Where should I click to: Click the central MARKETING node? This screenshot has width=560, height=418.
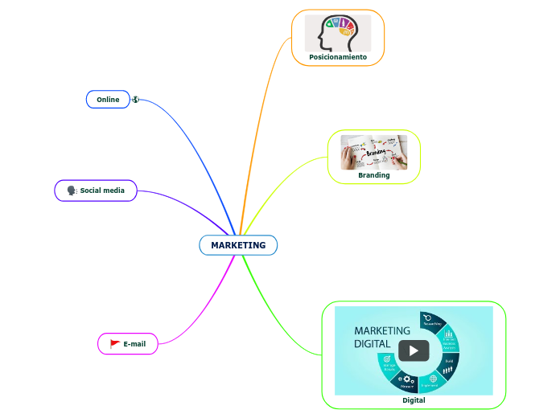pos(238,245)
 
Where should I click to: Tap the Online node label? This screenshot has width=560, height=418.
pos(108,100)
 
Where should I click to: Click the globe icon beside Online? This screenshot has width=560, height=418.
pos(136,100)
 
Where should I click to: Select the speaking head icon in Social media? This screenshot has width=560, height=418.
pos(72,191)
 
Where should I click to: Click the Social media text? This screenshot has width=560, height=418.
pos(102,191)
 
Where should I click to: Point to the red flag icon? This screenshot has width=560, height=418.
pos(114,344)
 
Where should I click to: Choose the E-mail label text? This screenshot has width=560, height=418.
pos(134,344)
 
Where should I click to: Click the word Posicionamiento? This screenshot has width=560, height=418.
pos(338,57)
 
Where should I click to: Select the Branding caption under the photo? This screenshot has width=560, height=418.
pos(374,174)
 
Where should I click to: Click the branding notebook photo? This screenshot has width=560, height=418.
pos(374,152)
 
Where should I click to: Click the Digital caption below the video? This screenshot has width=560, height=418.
pos(414,400)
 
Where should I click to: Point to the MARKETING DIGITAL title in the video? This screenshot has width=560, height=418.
pos(382,337)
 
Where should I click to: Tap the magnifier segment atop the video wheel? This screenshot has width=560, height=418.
pos(428,318)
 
